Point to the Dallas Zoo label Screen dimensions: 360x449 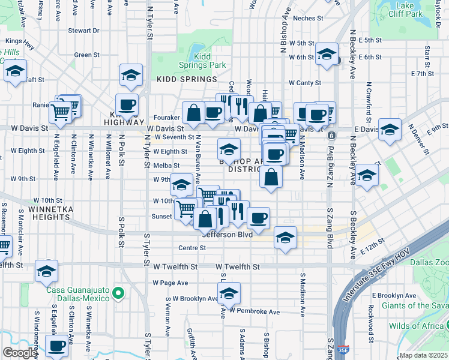433,262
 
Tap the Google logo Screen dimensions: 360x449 20,353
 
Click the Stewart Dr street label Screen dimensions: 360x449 83,30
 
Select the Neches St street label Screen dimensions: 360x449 308,18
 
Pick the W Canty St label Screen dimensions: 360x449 305,83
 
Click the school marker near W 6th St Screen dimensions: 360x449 327,55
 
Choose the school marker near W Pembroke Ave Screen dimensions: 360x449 228,294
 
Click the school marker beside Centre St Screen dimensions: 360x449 286,238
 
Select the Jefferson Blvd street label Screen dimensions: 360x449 226,234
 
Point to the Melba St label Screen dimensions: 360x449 167,166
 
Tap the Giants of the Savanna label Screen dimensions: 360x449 415,306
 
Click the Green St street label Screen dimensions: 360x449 87,55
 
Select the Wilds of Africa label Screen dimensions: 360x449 419,326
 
